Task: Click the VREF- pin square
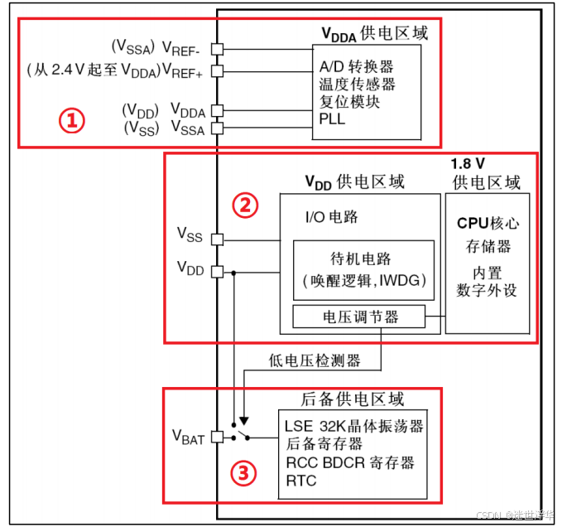[x=217, y=48]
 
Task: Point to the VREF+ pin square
[x=217, y=70]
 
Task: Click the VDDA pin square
[x=217, y=110]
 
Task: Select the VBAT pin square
[x=217, y=437]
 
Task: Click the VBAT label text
[x=188, y=438]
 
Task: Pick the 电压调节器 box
[x=358, y=317]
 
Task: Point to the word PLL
[x=332, y=118]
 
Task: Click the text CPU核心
[x=488, y=224]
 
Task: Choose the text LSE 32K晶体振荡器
[x=353, y=426]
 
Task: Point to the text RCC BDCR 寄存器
[x=350, y=462]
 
